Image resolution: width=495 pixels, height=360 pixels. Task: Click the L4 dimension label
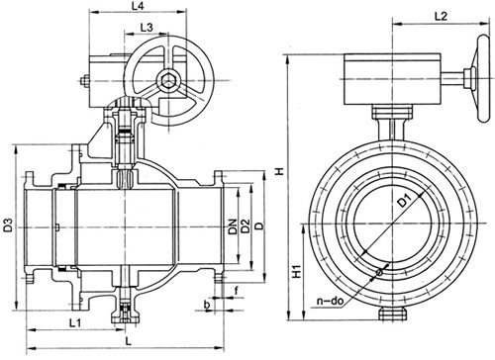coord(138,6)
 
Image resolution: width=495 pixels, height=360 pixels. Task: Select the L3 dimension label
coord(147,28)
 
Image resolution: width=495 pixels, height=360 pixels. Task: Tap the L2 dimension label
coord(441,16)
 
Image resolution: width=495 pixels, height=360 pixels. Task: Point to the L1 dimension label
coord(75,322)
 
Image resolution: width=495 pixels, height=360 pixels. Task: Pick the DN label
coord(234,226)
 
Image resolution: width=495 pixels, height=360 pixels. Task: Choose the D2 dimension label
coord(246,226)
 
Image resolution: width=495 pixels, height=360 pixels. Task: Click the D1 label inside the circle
coord(404,201)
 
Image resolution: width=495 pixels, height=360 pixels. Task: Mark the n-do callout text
coord(330,301)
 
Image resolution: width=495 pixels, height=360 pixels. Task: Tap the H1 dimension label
coord(297,271)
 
